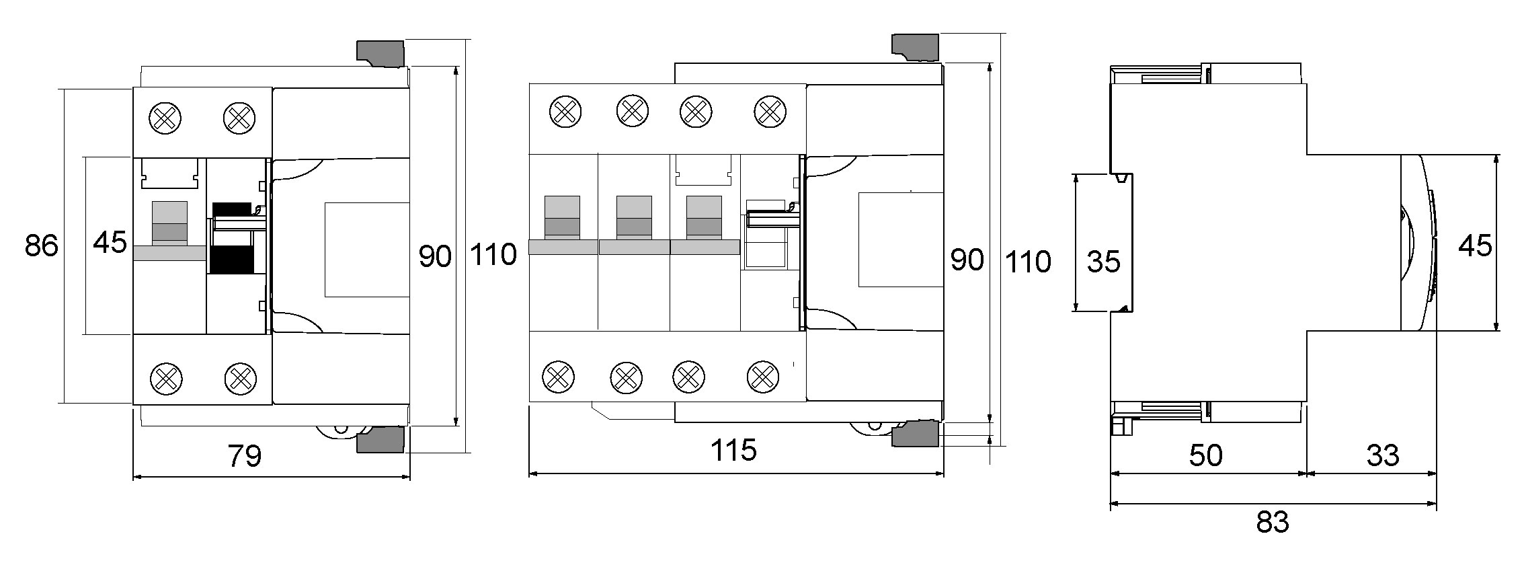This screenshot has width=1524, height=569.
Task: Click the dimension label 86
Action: pos(42,246)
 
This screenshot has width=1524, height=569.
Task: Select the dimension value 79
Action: pos(245,456)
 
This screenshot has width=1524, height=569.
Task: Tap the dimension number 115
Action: pos(734,450)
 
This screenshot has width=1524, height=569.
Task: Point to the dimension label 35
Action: pos(1103,262)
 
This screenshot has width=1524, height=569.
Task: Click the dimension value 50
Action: pos(1205,455)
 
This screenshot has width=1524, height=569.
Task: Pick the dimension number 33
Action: pos(1383,455)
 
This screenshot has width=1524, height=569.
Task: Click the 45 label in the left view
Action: pos(110,242)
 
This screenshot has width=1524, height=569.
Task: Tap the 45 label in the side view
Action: pos(1475,245)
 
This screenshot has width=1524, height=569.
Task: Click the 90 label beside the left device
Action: pos(435,256)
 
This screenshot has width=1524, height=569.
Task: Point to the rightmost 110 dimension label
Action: pos(1028,261)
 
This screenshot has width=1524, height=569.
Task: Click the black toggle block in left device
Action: pos(233,238)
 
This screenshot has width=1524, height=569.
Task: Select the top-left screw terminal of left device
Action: pos(165,118)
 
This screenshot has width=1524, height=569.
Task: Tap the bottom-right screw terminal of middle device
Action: pos(763,377)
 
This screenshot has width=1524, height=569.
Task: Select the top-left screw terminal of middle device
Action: pos(566,112)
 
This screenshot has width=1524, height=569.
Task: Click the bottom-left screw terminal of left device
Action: pos(165,378)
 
